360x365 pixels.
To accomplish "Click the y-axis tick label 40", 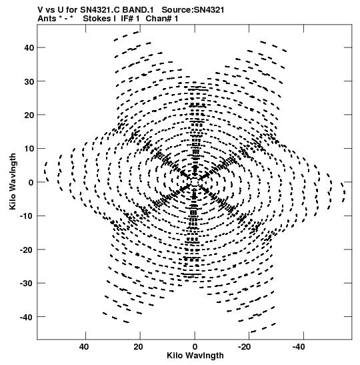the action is click(29, 48).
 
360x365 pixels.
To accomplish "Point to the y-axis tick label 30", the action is click(29, 81).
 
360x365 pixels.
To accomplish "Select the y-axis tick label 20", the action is click(29, 115).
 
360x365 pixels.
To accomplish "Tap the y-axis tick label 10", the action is click(29, 149).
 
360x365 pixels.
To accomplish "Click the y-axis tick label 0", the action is click(31, 183).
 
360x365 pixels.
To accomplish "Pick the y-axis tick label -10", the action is click(27, 216).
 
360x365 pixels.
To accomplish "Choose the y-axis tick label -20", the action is click(27, 250).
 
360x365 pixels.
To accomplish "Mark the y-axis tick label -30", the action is click(27, 284).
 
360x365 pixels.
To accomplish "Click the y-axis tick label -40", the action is click(27, 317).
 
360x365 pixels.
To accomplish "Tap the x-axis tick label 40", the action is click(84, 347).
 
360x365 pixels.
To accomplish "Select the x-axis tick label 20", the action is click(138, 347).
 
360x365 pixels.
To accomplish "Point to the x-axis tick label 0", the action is click(195, 347).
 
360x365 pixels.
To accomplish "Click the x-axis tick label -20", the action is click(244, 347).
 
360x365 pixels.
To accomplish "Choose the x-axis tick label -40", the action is click(299, 347).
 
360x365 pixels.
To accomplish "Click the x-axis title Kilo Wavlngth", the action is click(195, 356).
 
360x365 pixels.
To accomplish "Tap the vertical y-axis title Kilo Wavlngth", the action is click(13, 181).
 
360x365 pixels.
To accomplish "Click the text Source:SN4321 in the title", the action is click(193, 10).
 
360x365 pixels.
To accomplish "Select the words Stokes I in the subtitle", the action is click(99, 19).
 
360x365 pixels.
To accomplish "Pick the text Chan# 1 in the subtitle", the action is click(162, 19).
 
